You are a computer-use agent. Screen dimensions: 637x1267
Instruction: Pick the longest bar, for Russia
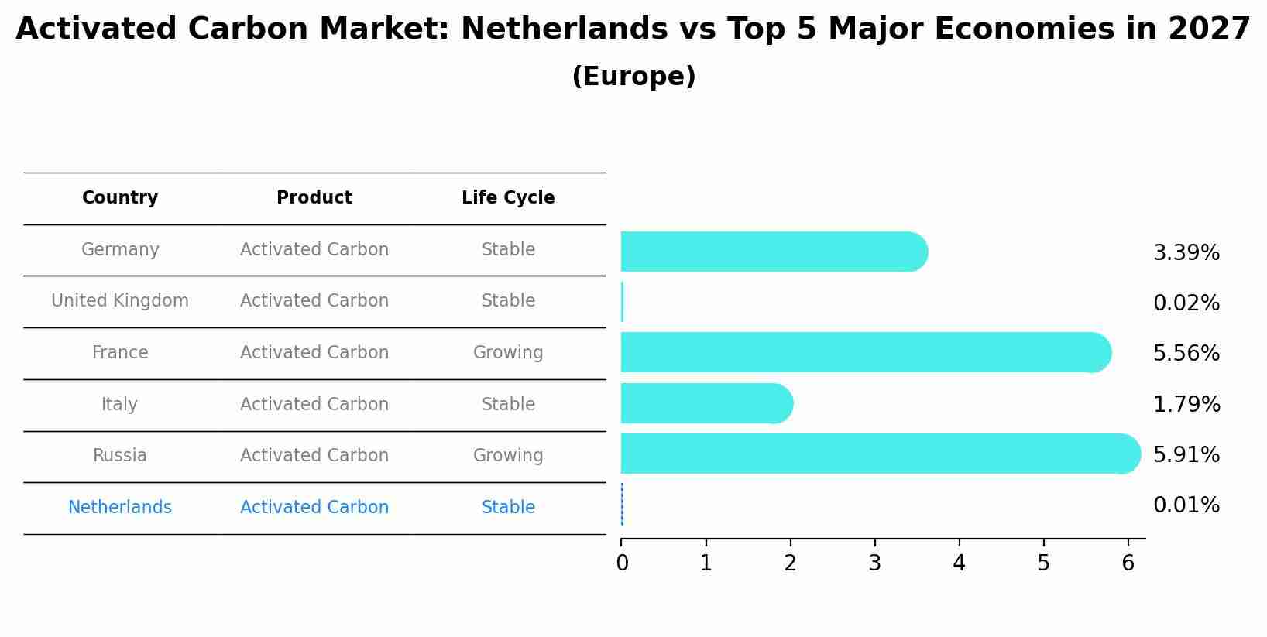[x=880, y=454]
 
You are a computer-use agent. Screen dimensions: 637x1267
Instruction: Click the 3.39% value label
[x=1186, y=253]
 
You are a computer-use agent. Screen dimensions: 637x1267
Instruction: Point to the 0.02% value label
[x=1186, y=303]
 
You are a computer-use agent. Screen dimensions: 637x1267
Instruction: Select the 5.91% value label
[x=1186, y=454]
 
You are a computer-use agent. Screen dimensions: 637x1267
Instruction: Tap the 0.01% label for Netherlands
[x=1186, y=505]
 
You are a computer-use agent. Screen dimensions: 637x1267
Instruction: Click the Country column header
[x=120, y=198]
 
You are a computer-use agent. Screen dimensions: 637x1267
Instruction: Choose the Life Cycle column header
[x=508, y=198]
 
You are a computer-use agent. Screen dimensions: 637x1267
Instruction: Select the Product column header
[x=314, y=198]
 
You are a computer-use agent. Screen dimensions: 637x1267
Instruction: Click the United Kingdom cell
[x=120, y=301]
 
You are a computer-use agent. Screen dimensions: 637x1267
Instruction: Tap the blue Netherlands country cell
[x=120, y=508]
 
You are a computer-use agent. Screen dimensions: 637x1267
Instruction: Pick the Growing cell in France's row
[x=508, y=353]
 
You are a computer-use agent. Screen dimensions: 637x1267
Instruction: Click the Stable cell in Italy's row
[x=508, y=405]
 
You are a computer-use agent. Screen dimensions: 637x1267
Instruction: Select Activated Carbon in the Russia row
[x=314, y=456]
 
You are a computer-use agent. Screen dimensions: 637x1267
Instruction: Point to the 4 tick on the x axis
[x=959, y=563]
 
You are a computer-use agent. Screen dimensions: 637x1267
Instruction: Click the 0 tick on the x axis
[x=622, y=563]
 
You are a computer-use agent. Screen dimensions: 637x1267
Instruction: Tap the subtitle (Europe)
[x=633, y=77]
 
